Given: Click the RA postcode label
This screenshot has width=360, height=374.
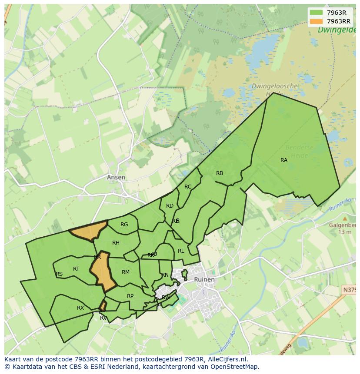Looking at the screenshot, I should click(283, 160).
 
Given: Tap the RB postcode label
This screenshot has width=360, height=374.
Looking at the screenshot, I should click(220, 173).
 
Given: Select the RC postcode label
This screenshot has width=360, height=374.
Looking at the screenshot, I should click(188, 187).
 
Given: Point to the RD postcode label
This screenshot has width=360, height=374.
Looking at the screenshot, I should click(170, 206).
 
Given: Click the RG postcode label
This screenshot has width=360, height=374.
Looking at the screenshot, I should click(124, 225).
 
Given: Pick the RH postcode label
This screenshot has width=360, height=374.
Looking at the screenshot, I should click(116, 243).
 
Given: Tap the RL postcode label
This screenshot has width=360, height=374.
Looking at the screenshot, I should click(181, 251).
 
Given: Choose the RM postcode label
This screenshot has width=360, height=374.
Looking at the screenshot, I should click(126, 272).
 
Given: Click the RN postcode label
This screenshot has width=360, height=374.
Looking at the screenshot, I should click(165, 275).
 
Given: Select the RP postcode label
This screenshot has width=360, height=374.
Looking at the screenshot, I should click(130, 296).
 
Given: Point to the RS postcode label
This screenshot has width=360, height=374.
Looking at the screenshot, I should click(59, 274).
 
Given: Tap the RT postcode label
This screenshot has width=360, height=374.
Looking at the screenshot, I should click(76, 269).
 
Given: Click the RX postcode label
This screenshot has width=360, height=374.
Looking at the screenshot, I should click(80, 308).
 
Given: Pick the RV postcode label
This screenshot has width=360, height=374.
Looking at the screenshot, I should click(103, 318).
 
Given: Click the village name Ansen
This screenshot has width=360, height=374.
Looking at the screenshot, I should click(116, 177).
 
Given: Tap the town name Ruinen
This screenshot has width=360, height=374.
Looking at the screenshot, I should click(204, 279).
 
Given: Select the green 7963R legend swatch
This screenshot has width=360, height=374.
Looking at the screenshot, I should click(316, 13).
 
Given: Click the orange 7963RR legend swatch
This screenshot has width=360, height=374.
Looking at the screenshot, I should click(316, 21).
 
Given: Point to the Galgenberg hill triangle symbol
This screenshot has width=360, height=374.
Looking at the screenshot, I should click(345, 218).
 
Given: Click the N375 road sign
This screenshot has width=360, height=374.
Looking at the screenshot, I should click(351, 290).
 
